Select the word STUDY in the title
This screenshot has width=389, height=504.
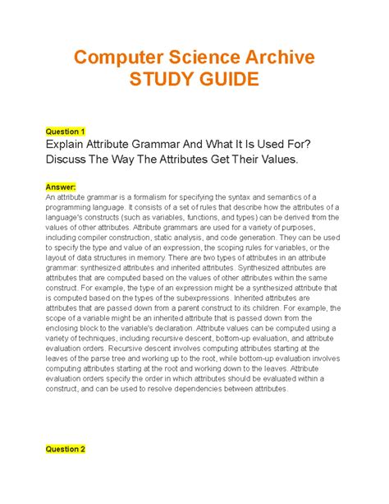click(162, 81)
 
